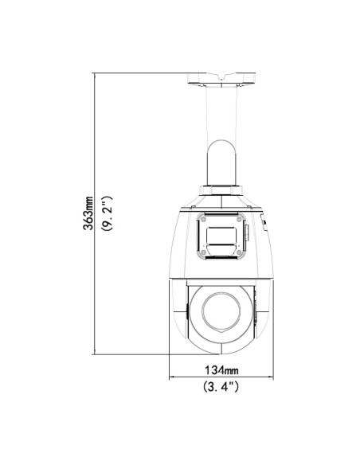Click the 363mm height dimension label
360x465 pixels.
88,213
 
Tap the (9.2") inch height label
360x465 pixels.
107,213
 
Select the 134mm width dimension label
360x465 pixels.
221,369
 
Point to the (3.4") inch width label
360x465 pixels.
221,387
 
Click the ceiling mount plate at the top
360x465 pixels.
221,79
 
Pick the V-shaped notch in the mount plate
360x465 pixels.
221,77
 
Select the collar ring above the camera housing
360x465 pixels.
221,190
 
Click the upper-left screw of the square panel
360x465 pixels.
203,220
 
